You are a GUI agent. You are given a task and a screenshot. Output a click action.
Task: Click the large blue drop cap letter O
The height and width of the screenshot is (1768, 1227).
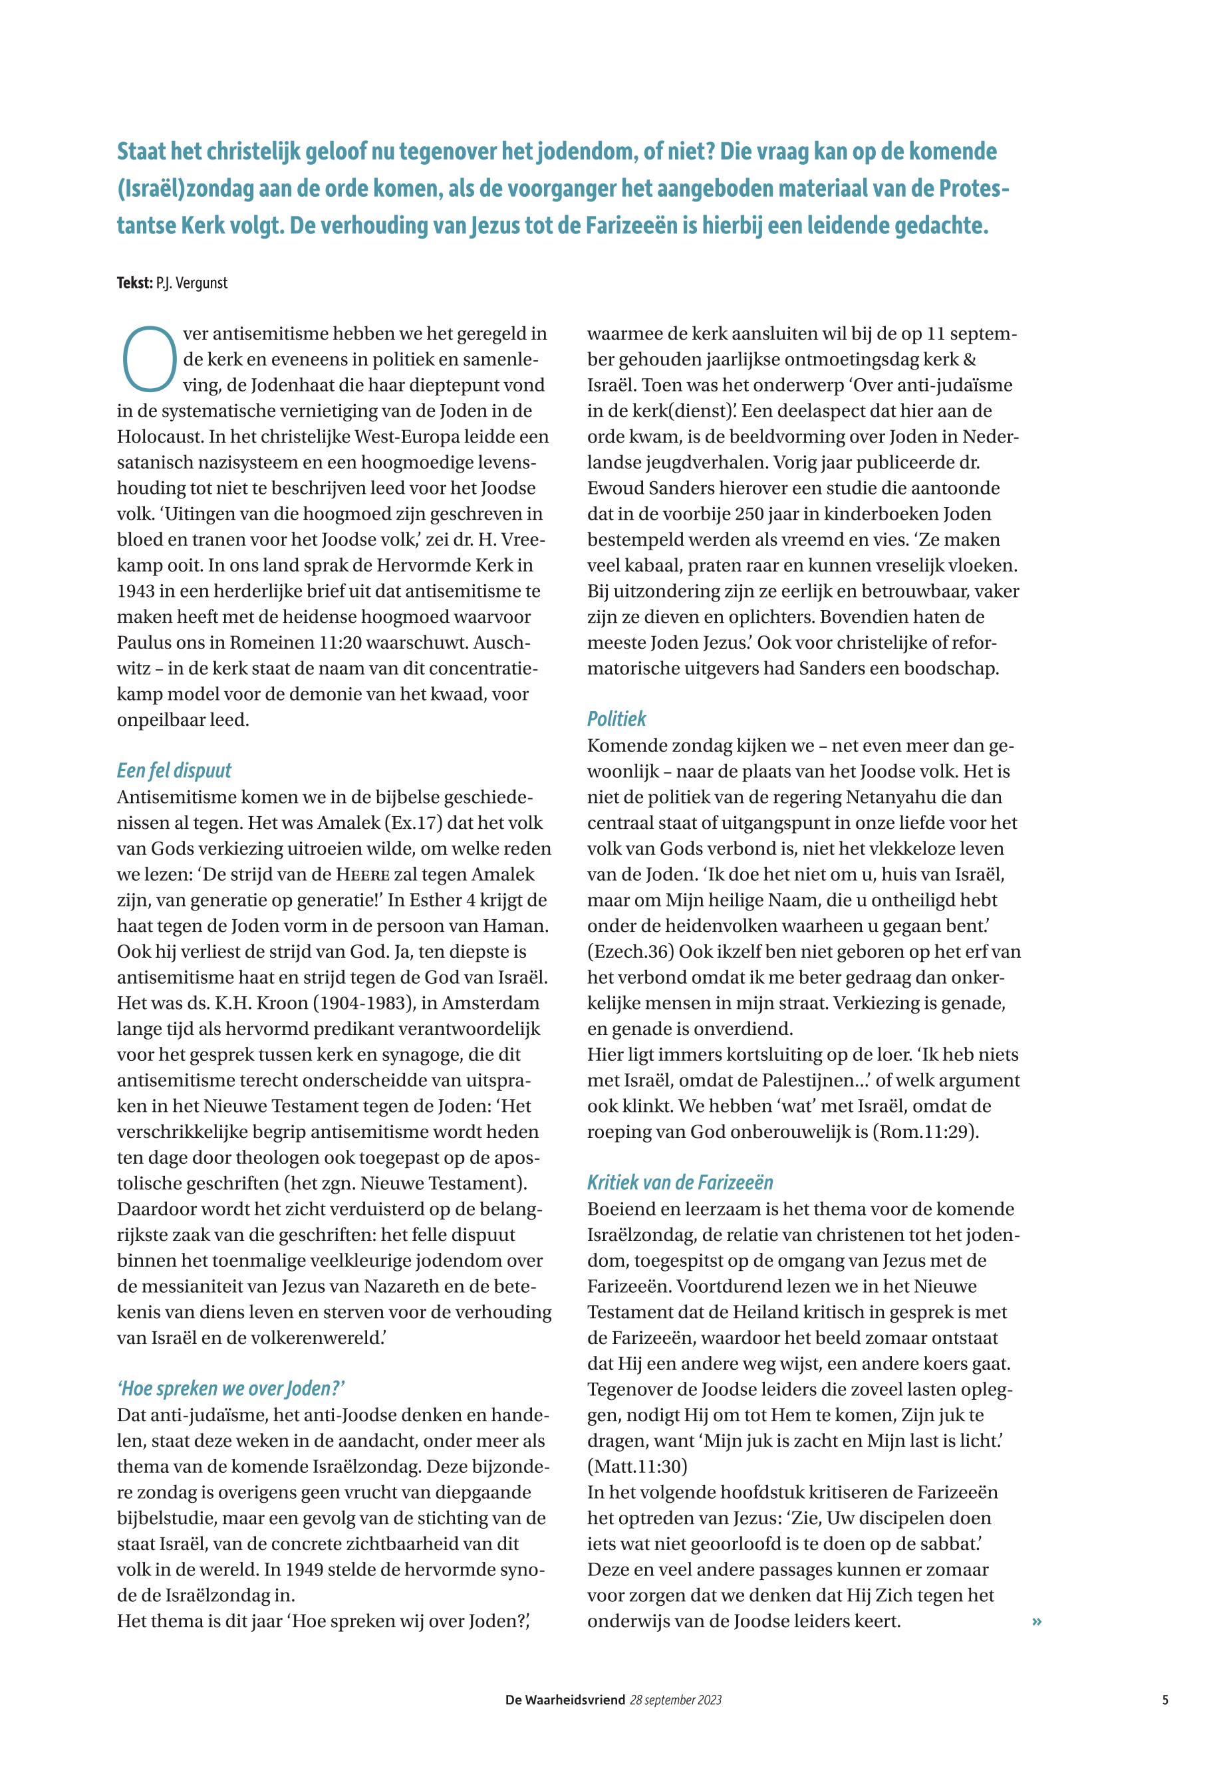[x=149, y=358]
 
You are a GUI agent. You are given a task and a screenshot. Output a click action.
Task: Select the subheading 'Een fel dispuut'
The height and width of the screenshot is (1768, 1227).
[x=174, y=770]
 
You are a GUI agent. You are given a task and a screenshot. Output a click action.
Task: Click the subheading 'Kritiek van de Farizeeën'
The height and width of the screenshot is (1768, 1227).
[x=680, y=1182]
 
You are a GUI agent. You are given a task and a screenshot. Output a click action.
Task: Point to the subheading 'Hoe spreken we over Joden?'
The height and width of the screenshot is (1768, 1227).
[x=231, y=1388]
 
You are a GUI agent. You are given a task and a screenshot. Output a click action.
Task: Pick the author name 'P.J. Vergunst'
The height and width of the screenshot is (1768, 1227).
[x=192, y=282]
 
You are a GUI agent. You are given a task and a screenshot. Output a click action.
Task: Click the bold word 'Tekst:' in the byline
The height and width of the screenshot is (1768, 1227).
[x=134, y=282]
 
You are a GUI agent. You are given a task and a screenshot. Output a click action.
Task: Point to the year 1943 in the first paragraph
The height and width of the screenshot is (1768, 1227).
[x=137, y=592]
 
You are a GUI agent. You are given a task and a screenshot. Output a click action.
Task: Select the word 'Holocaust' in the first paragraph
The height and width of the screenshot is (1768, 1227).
[x=160, y=437]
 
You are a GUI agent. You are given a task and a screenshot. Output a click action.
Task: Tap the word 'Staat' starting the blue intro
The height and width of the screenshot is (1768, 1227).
[x=142, y=152]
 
